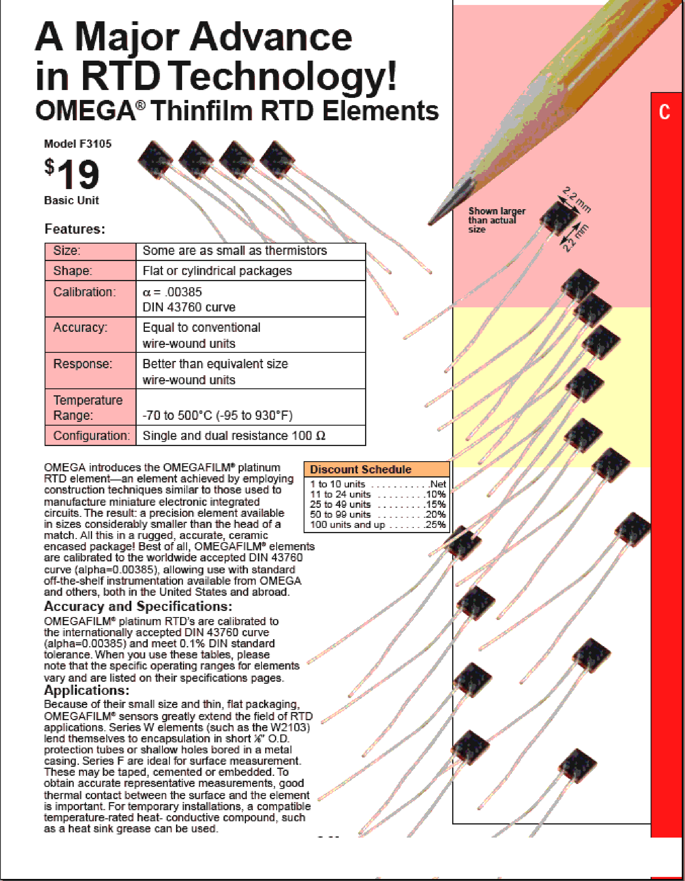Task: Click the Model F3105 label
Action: pyautogui.click(x=78, y=144)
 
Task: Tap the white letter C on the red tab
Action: pyautogui.click(x=664, y=112)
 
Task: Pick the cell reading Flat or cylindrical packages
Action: pyautogui.click(x=217, y=271)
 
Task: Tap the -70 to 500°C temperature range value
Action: pyautogui.click(x=217, y=415)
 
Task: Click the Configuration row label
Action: pyautogui.click(x=91, y=436)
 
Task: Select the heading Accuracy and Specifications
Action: pyautogui.click(x=138, y=606)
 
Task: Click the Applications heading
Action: pyautogui.click(x=86, y=690)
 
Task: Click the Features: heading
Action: pyautogui.click(x=75, y=229)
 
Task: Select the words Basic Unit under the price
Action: pyautogui.click(x=71, y=200)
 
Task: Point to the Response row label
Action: pyautogui.click(x=83, y=364)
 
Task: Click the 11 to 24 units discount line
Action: pyautogui.click(x=377, y=494)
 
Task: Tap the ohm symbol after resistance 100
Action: pyautogui.click(x=321, y=436)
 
